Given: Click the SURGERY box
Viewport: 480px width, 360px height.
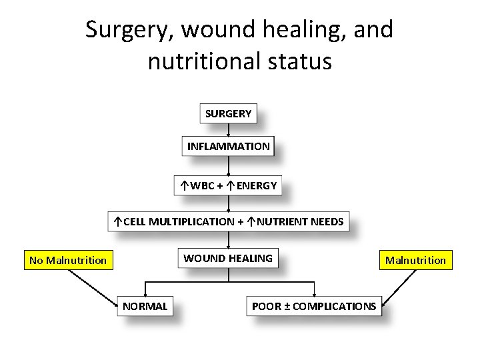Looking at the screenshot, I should (229, 114).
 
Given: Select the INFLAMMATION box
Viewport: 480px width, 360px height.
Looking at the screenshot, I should (229, 146).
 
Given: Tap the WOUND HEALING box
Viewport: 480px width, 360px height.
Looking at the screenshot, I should (228, 258).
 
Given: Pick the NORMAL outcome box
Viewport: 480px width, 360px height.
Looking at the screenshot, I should (145, 306).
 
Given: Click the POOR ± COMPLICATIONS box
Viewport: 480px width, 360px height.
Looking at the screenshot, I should (314, 306).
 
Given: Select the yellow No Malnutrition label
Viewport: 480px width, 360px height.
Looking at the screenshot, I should (68, 260).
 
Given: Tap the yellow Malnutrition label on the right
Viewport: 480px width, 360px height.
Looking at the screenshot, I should (415, 260).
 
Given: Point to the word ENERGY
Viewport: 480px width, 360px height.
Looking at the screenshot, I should (256, 185).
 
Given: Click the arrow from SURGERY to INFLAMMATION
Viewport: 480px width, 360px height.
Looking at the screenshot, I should (229, 131).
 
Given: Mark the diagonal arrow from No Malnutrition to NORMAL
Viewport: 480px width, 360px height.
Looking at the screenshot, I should (93, 287).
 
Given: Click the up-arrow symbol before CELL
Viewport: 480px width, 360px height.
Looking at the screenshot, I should (117, 221).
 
